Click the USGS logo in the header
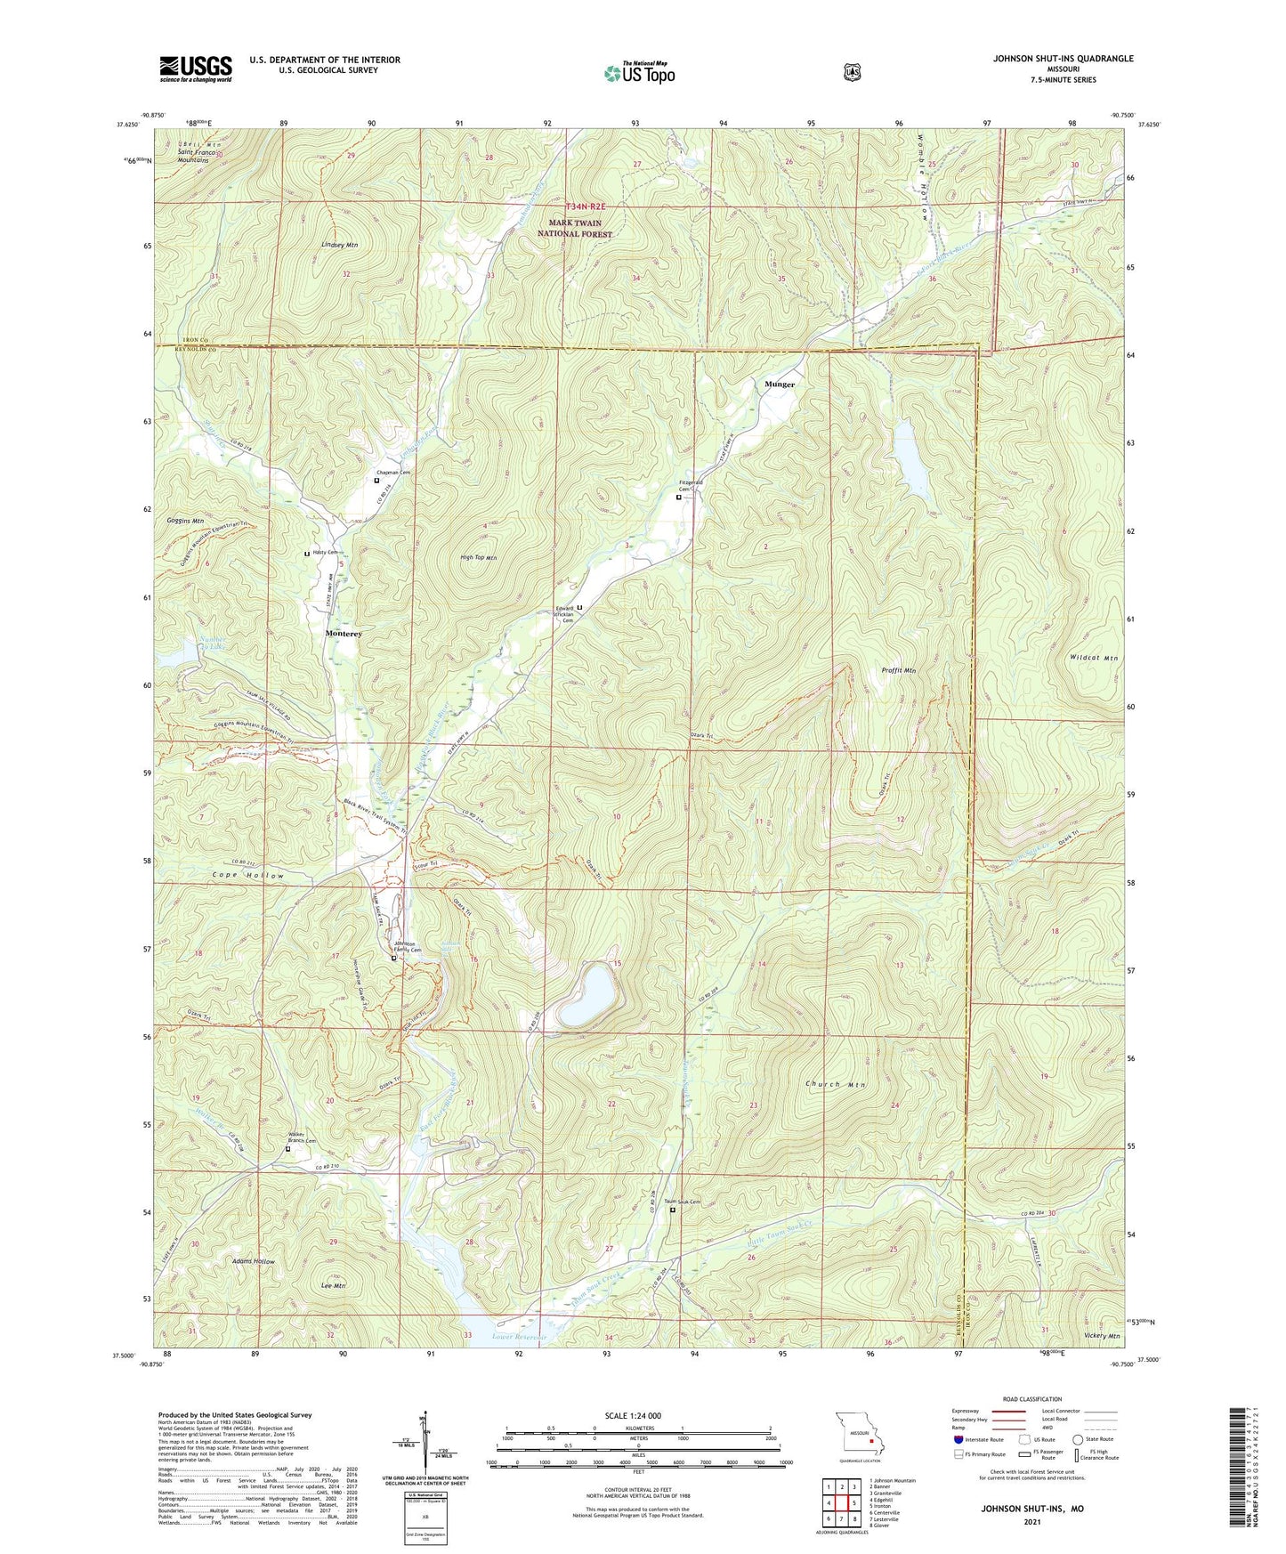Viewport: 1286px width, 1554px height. pyautogui.click(x=196, y=69)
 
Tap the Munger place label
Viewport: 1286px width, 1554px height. pyautogui.click(x=780, y=384)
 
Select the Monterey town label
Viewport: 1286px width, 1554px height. pyautogui.click(x=344, y=633)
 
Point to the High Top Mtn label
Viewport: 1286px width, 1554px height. pyautogui.click(x=479, y=558)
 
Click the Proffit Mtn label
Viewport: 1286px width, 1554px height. pyautogui.click(x=898, y=670)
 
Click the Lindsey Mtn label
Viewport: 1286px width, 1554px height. pyautogui.click(x=340, y=244)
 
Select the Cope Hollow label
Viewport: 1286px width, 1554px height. pyautogui.click(x=248, y=876)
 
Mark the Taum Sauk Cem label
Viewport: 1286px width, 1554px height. pyautogui.click(x=683, y=1202)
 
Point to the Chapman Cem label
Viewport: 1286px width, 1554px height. pyautogui.click(x=392, y=473)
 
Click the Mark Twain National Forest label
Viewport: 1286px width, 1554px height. pyautogui.click(x=575, y=229)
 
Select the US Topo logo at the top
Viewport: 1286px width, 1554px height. pyautogui.click(x=639, y=73)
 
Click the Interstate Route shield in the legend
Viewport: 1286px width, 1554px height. pyautogui.click(x=958, y=1439)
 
